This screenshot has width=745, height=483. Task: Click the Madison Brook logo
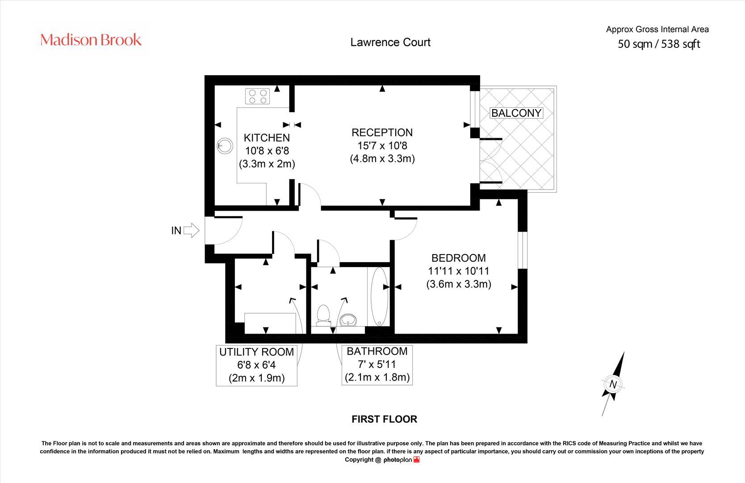[91, 40]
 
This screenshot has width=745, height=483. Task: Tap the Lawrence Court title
[390, 42]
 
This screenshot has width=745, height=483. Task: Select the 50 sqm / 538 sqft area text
[659, 44]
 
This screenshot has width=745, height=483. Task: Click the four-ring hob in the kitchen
[258, 97]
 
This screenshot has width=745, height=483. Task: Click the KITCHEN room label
[267, 138]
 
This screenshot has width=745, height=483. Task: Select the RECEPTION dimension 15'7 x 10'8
[382, 145]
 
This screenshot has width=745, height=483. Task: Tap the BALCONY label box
[516, 113]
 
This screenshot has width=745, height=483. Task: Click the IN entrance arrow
[191, 230]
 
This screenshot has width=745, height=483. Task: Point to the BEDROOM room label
[458, 258]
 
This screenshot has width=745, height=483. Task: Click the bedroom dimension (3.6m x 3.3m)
[458, 284]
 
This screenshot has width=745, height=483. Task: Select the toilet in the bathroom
[322, 314]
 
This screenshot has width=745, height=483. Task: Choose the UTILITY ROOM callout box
[256, 365]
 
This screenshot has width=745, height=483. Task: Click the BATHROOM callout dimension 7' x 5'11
[377, 364]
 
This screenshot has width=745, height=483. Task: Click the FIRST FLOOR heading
[384, 419]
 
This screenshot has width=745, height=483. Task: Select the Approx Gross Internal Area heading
[657, 30]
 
